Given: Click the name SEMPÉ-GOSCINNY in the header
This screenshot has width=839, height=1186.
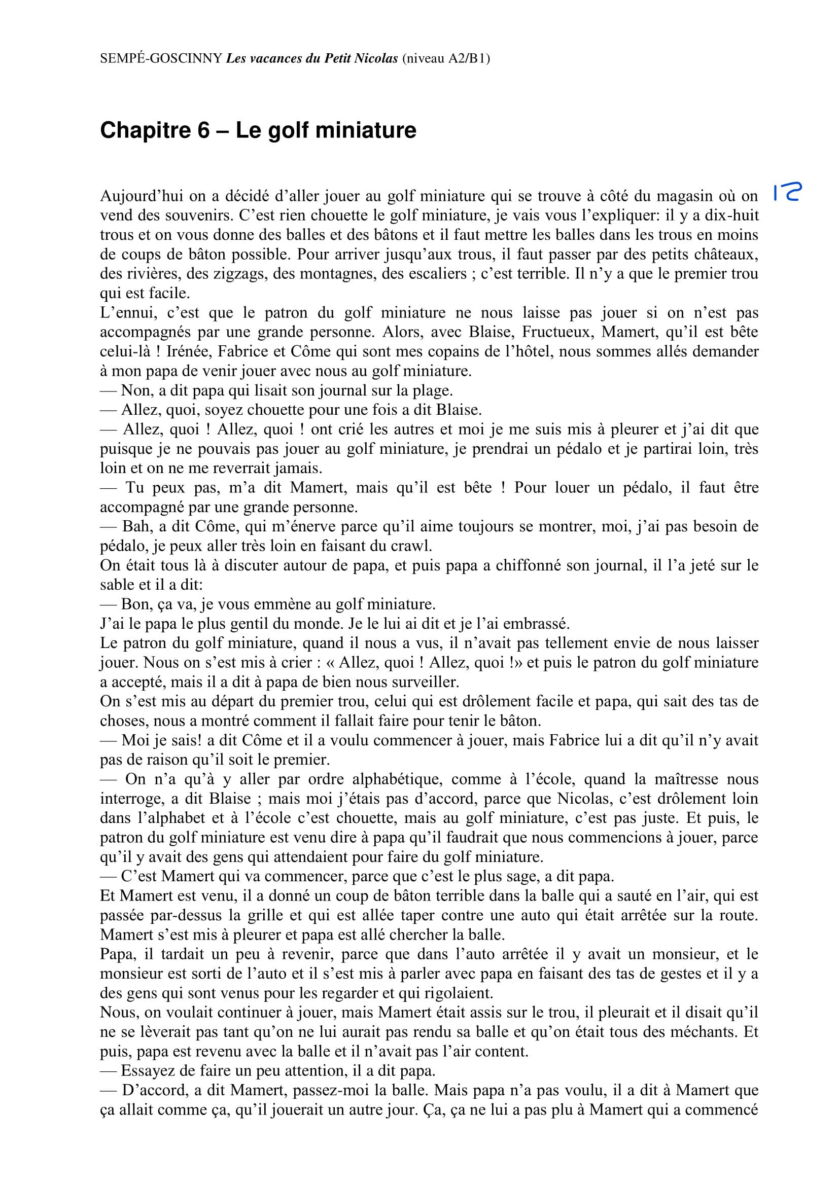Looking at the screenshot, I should (x=161, y=58).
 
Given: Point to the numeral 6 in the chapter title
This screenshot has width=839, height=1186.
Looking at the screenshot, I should (x=203, y=130).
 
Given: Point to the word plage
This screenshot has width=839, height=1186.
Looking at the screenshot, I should (x=432, y=390).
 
